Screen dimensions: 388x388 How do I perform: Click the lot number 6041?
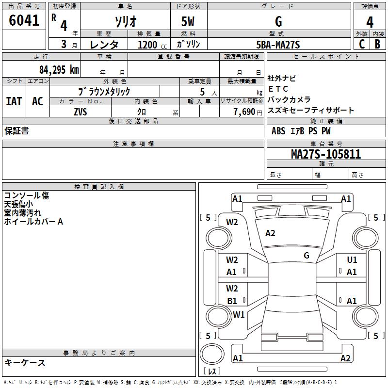click(24, 21)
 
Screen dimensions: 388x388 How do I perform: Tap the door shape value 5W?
click(189, 21)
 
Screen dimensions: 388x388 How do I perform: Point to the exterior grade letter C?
click(361, 44)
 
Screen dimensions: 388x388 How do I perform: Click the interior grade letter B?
click(377, 44)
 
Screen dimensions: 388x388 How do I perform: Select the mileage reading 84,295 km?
click(59, 69)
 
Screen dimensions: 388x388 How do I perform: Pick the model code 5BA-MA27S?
click(278, 45)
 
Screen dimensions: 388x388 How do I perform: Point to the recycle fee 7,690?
click(244, 112)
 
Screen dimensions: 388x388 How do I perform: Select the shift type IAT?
click(14, 101)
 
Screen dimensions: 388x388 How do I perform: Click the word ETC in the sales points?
click(278, 89)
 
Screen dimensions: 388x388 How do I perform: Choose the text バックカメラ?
click(289, 99)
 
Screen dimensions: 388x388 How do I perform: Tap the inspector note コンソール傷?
click(26, 195)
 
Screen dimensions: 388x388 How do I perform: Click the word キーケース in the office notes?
click(25, 362)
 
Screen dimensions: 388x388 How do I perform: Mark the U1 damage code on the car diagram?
click(352, 260)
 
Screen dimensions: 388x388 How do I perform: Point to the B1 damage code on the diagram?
click(232, 301)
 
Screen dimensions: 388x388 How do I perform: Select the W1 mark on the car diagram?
click(239, 314)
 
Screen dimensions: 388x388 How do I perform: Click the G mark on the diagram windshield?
click(306, 256)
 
